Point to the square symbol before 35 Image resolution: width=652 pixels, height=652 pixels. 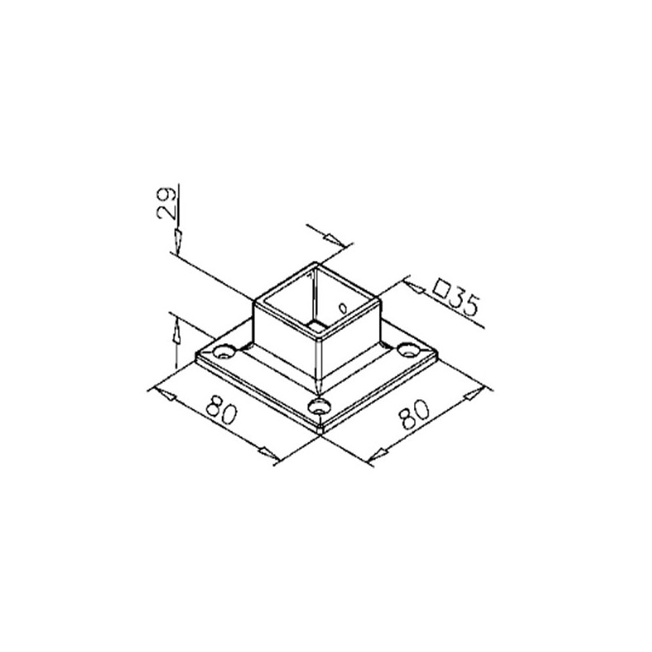(443, 288)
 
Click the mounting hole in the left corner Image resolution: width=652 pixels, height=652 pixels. (223, 352)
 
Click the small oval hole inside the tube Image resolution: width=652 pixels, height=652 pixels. (343, 308)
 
